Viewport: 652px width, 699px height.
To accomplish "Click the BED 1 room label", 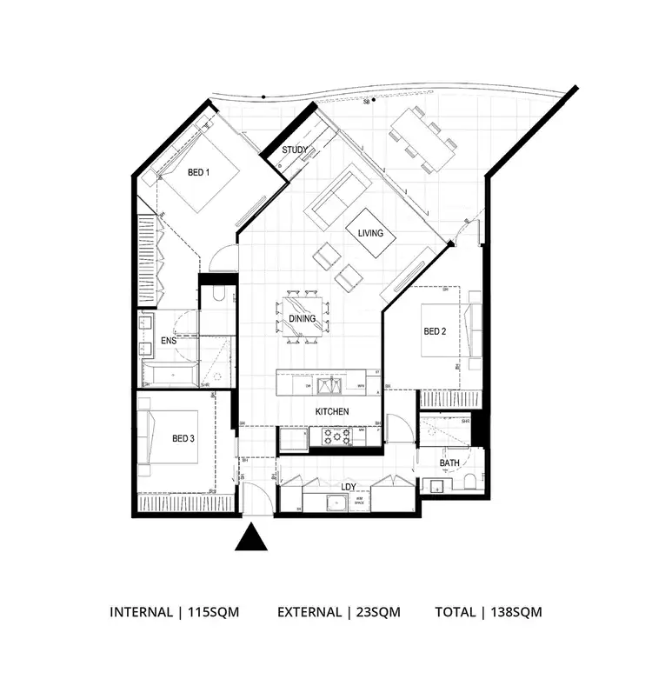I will [x=198, y=172].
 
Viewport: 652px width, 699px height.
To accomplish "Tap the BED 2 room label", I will [x=434, y=331].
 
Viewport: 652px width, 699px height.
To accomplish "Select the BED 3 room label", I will [x=183, y=438].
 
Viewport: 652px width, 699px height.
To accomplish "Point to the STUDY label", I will [x=295, y=150].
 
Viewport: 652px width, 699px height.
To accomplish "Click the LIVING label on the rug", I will [x=370, y=233].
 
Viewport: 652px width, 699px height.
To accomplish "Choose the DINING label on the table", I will [x=302, y=319].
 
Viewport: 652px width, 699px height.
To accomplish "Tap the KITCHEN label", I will [x=332, y=411].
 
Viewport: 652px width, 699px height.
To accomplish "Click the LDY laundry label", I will [x=347, y=487].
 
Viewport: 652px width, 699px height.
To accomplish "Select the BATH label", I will [x=449, y=463].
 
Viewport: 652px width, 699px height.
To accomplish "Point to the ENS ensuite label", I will [x=169, y=342].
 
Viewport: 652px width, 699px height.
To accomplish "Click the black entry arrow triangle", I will [x=251, y=538].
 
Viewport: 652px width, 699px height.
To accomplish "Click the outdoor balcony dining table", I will [x=422, y=139].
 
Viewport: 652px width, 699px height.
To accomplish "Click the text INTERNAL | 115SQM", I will [x=174, y=612].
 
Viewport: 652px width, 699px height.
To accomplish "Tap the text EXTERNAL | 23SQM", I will [x=338, y=612].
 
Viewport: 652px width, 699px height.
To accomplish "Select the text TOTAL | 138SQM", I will [x=488, y=612].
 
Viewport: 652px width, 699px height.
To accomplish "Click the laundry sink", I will [x=330, y=502].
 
